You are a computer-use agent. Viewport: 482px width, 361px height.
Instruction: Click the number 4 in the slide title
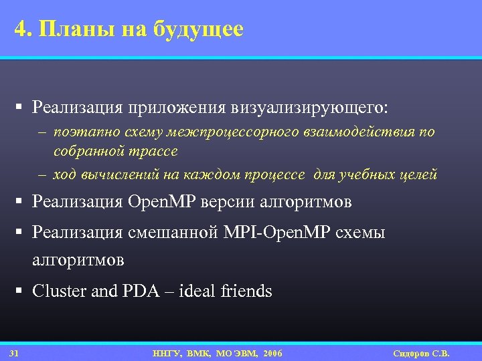tap(20, 29)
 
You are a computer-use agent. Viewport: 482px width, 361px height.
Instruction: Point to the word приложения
tap(175, 108)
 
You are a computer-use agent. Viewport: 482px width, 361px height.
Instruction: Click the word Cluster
tap(56, 291)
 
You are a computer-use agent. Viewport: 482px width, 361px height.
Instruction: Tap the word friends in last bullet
tap(246, 291)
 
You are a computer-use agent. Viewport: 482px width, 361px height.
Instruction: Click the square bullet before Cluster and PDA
tap(21, 291)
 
